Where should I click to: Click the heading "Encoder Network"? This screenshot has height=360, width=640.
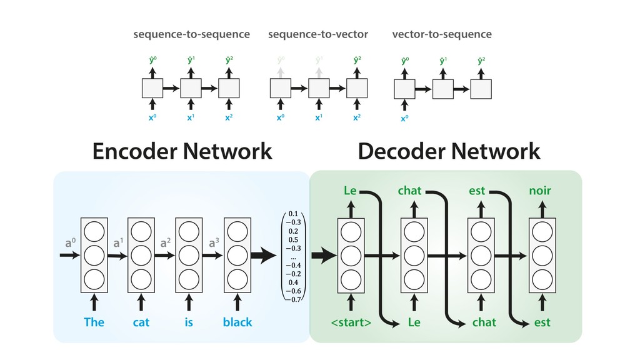(x=182, y=151)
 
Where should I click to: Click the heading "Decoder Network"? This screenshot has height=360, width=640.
(x=449, y=151)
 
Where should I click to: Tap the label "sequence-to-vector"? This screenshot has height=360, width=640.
(x=318, y=34)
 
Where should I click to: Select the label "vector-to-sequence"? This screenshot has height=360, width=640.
(x=441, y=34)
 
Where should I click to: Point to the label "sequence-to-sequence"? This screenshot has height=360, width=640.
(x=191, y=34)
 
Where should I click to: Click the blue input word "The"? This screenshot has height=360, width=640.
(x=94, y=322)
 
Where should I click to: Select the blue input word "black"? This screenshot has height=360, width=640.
(x=237, y=322)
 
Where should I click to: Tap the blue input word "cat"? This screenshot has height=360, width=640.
(x=141, y=322)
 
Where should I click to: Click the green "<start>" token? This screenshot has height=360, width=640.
(x=351, y=322)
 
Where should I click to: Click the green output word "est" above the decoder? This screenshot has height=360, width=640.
(x=477, y=191)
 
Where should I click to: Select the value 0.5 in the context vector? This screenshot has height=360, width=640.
(x=293, y=239)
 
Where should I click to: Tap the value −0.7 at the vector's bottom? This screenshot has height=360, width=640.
(x=293, y=299)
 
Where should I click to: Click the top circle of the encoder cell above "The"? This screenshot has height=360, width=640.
(x=94, y=232)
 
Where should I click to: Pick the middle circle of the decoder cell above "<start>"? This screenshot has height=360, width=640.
(x=351, y=255)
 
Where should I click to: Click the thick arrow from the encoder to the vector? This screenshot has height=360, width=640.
(x=263, y=255)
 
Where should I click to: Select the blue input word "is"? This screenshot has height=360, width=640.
(x=189, y=322)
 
